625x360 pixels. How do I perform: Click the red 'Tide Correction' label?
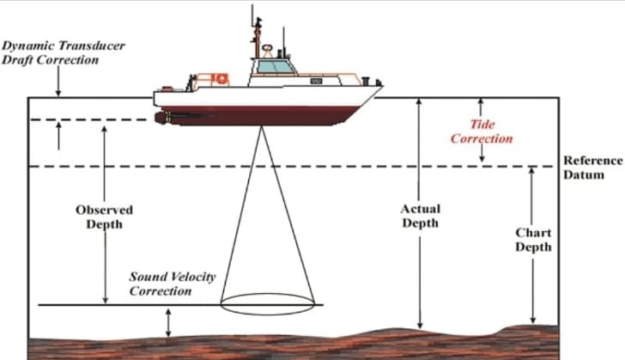click(482, 131)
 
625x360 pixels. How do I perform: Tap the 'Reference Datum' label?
click(592, 168)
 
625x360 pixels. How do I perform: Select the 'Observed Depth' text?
click(105, 217)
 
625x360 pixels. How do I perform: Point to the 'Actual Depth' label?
click(421, 216)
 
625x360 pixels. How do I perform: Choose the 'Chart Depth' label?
click(533, 240)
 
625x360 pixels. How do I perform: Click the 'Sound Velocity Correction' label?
click(173, 284)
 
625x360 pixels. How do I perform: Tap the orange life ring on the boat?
click(221, 78)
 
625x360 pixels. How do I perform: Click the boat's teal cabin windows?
click(275, 65)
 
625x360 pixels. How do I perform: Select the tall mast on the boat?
click(255, 39)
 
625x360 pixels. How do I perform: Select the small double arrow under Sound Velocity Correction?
click(168, 323)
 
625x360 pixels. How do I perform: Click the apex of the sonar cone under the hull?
click(261, 128)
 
